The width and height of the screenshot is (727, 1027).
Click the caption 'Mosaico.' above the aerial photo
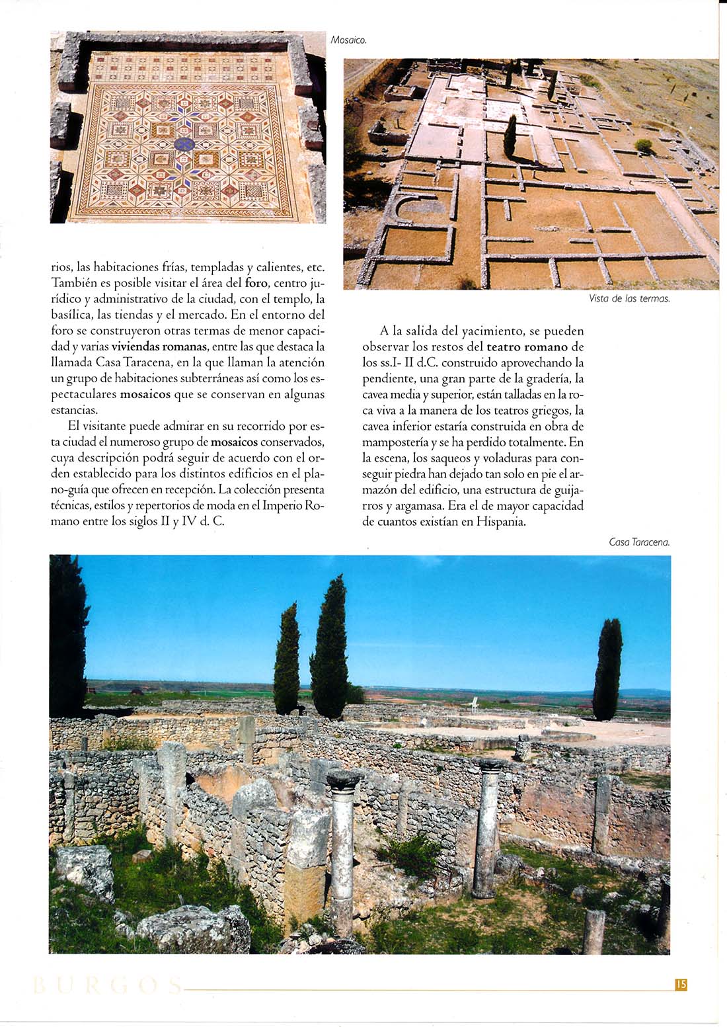(348, 41)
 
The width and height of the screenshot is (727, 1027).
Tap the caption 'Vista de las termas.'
(629, 299)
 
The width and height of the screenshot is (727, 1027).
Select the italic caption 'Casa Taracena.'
(639, 542)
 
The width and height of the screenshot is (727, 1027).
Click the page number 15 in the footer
(681, 985)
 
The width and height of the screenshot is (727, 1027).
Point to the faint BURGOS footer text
(106, 986)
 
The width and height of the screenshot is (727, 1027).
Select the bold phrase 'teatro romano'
(527, 347)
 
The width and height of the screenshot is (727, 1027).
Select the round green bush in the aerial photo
(643, 145)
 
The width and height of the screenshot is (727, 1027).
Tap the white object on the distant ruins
(474, 705)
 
